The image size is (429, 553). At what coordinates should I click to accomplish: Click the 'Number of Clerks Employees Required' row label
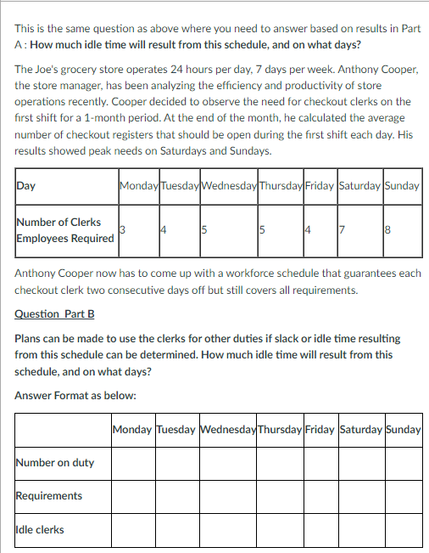pos(64,230)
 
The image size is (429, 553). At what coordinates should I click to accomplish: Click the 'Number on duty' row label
pos(55,463)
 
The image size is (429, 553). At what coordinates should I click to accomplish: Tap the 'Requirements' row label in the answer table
pos(49,496)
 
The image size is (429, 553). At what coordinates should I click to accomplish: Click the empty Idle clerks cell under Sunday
pos(403,530)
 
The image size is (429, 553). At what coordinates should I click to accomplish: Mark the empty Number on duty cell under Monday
pos(133,463)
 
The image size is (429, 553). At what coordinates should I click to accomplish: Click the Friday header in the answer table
pos(320,430)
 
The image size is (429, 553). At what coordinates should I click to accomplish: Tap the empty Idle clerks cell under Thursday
pos(279,530)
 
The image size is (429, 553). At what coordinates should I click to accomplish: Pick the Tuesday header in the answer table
pos(176,430)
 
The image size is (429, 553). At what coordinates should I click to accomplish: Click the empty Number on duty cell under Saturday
pos(360,463)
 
